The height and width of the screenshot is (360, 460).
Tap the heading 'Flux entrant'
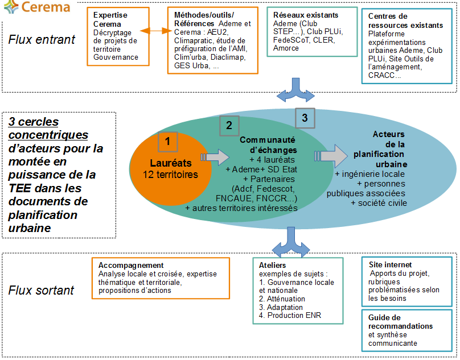42,40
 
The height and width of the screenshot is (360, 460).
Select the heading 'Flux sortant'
41,291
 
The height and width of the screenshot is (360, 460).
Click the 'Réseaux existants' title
305,15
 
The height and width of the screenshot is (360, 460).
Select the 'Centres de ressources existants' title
405,21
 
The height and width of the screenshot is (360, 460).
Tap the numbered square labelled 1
167,141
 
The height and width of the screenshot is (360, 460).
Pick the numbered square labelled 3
305,118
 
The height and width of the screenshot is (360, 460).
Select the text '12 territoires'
170,175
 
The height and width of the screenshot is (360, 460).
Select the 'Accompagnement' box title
131,266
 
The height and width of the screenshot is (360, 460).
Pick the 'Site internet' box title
390,265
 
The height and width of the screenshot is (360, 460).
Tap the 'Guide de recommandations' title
401,322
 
